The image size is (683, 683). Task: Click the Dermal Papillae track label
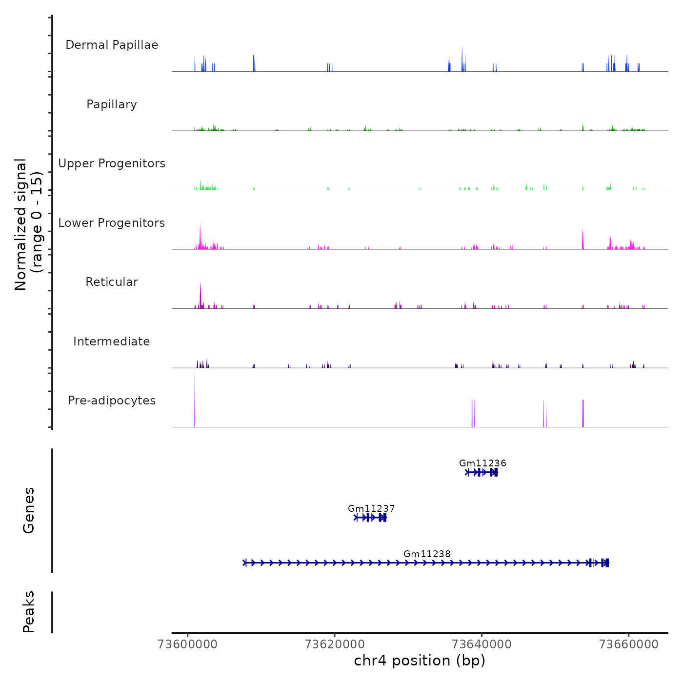(x=112, y=45)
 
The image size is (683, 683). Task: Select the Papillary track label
(x=112, y=104)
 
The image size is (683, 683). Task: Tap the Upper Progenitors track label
(x=112, y=163)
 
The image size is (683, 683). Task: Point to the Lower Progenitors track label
(x=112, y=223)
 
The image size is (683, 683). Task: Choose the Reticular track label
(x=112, y=282)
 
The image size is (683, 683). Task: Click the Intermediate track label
(x=112, y=341)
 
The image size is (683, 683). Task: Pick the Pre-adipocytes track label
(x=112, y=401)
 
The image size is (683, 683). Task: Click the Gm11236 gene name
(x=482, y=463)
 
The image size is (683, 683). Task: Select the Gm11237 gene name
(x=371, y=508)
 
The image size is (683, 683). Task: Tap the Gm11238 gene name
(x=427, y=554)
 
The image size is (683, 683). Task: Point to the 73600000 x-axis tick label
(x=188, y=644)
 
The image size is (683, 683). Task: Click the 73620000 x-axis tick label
(x=335, y=644)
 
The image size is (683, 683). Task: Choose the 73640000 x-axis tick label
(x=482, y=644)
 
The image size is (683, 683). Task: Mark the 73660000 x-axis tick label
(x=629, y=644)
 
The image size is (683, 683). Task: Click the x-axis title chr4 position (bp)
(x=420, y=661)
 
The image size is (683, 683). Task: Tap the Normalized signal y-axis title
(x=28, y=224)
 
